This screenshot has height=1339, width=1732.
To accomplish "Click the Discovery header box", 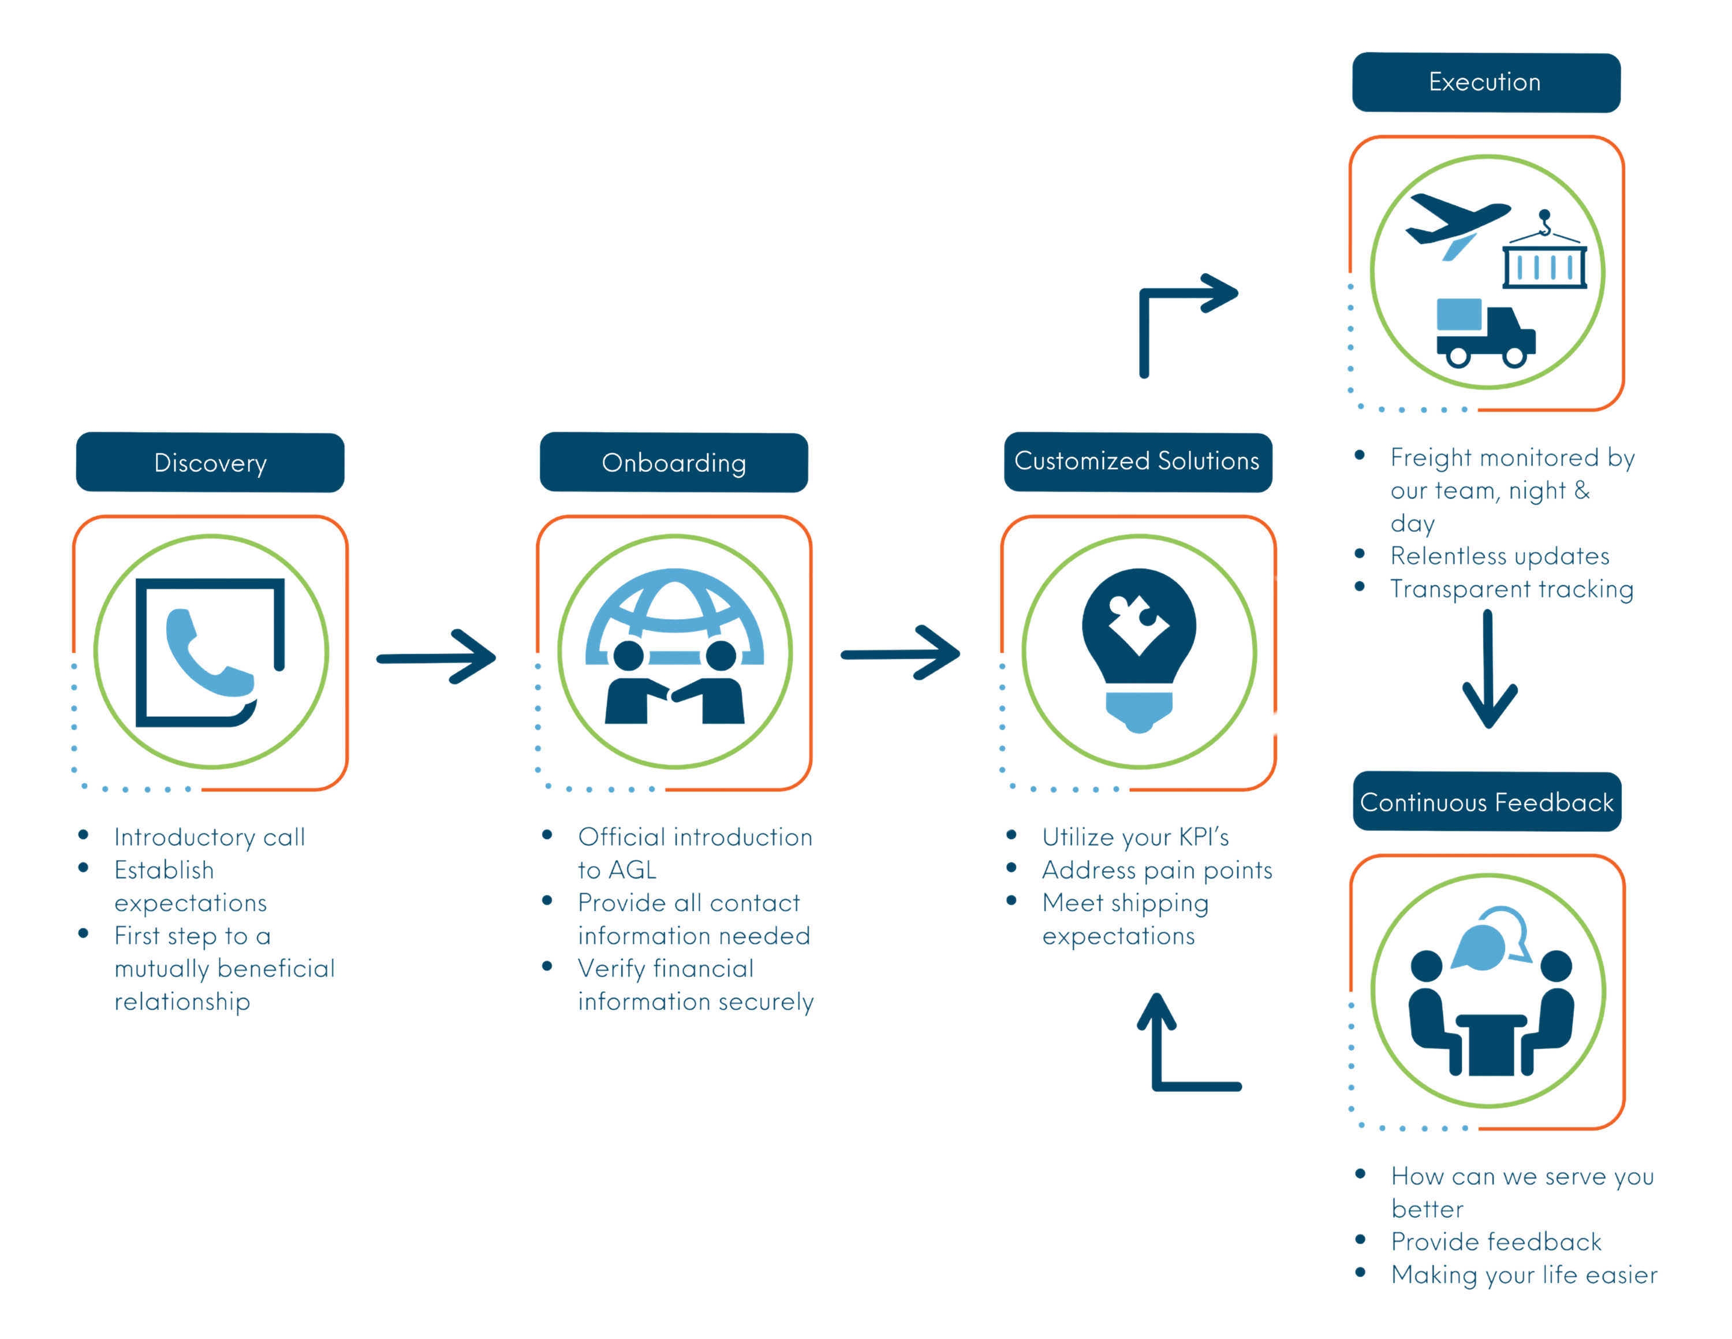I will tap(210, 463).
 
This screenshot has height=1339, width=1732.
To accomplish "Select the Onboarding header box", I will tap(674, 463).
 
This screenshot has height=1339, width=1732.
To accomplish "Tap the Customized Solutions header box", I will tap(1137, 462).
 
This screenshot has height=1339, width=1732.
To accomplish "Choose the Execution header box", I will tap(1485, 83).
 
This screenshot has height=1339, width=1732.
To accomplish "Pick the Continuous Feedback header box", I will tap(1487, 802).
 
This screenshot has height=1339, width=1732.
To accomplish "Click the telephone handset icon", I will tap(208, 654).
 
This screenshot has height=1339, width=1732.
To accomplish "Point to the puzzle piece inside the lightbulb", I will tap(1138, 622).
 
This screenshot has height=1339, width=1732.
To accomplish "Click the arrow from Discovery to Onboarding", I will tap(436, 657).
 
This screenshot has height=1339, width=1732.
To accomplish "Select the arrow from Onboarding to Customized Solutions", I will tap(900, 654).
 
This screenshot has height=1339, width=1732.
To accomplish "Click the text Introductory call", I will tap(210, 837).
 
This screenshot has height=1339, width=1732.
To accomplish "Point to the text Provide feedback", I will tap(1496, 1241).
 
